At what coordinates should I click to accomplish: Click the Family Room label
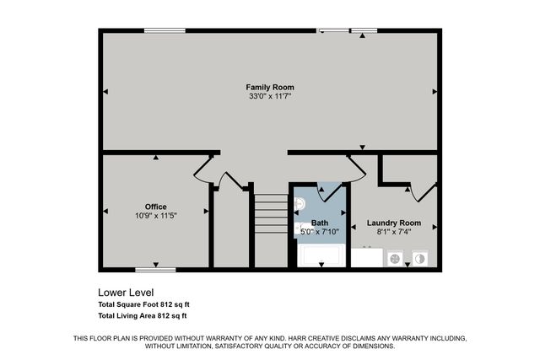[x=269, y=87]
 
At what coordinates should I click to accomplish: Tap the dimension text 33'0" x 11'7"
[x=269, y=97]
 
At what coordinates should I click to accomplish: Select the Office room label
[x=155, y=207]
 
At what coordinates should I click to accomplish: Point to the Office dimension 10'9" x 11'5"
[x=155, y=216]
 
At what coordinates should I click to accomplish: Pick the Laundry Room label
[x=394, y=223]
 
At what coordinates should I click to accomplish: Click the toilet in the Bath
[x=300, y=203]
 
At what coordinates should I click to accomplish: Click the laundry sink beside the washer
[x=367, y=257]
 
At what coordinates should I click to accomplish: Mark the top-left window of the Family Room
[x=165, y=31]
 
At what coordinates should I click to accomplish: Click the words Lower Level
[x=126, y=293]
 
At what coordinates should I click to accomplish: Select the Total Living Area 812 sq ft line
[x=142, y=316]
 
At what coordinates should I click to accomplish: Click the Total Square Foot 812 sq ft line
[x=142, y=304]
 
